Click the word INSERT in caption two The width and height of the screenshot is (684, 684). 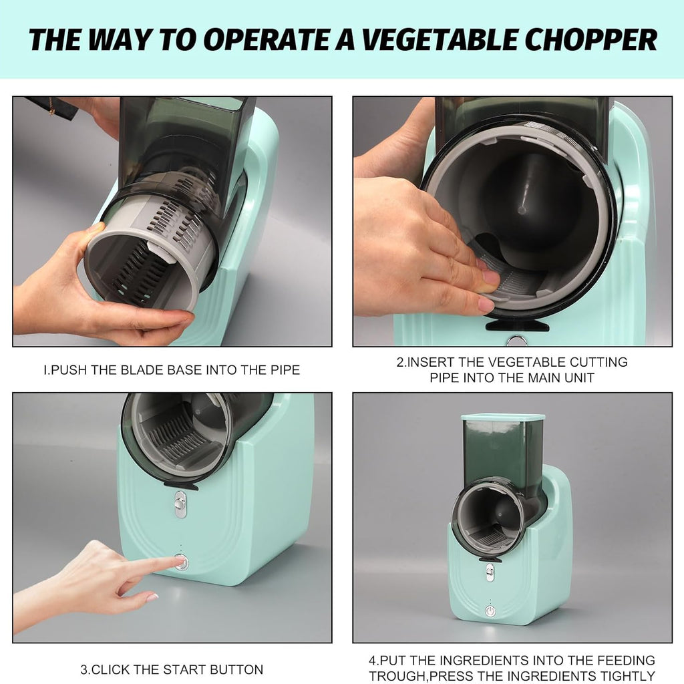[x=431, y=362]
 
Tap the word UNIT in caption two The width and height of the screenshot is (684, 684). [x=579, y=377]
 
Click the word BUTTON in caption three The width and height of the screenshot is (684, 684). [x=236, y=669]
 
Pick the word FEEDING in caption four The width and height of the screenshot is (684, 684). [x=626, y=660]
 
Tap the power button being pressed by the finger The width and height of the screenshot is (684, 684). [x=182, y=562]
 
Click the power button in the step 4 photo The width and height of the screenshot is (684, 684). [x=491, y=611]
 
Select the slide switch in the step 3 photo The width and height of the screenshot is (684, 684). [x=180, y=504]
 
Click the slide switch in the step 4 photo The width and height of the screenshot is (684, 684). [x=490, y=572]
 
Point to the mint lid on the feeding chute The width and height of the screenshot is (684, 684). [x=503, y=417]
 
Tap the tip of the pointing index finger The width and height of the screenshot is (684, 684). [x=176, y=560]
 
